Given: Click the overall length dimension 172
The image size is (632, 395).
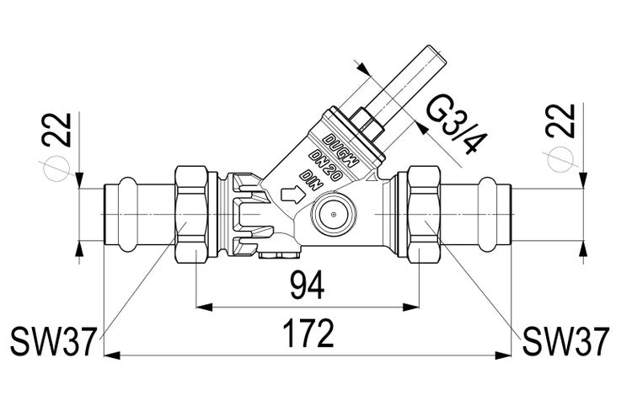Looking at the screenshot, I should coord(307,336).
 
